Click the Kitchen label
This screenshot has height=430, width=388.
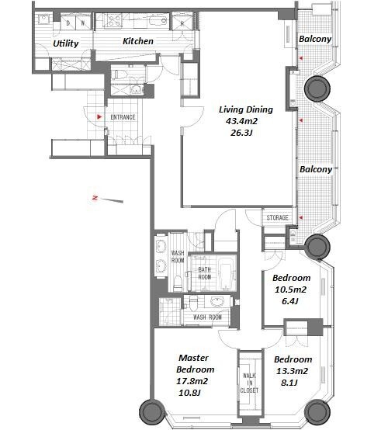pos(138,41)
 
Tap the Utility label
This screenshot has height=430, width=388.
pos(65,43)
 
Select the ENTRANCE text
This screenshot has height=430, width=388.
pos(123,117)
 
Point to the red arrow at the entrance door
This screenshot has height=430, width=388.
pos(99,117)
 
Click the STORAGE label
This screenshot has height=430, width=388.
pos(277,218)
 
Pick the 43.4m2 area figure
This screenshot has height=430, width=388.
pos(241,121)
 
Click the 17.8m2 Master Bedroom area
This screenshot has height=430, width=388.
pos(192,381)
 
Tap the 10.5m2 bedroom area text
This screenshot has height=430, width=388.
pos(290,290)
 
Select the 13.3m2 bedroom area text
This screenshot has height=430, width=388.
pos(292,371)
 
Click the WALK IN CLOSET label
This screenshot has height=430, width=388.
pos(249,383)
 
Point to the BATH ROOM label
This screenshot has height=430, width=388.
pos(205,273)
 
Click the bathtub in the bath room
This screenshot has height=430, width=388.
pos(227,274)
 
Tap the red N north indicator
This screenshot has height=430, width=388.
pos(95,198)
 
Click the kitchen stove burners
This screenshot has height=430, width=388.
pos(113,20)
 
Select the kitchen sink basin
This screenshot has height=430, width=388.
pos(158,20)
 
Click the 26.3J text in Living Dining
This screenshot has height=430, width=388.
pos(241,133)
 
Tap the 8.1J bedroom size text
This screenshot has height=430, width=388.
pos(289,383)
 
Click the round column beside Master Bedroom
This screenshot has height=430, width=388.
pos(151,411)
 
